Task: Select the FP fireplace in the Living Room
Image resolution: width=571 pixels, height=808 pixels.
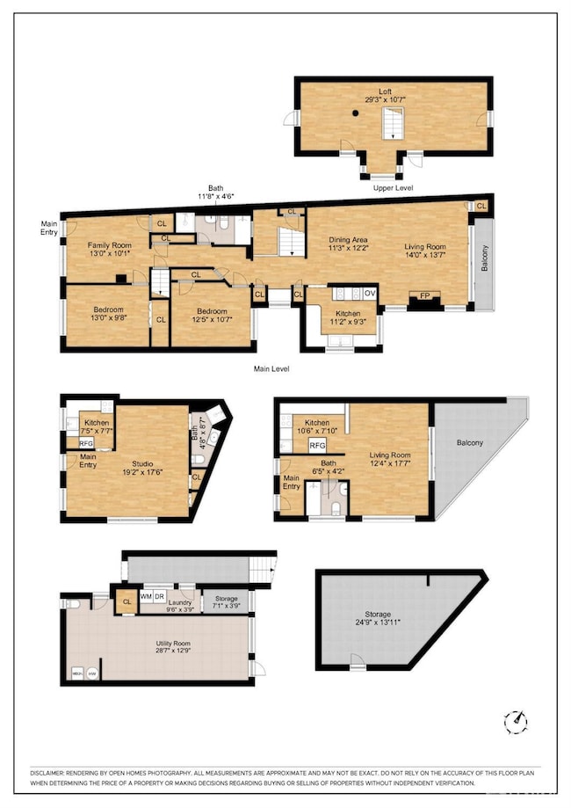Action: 426,296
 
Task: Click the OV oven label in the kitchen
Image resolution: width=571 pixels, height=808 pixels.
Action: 370,293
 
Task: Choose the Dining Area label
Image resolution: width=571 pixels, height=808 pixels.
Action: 349,244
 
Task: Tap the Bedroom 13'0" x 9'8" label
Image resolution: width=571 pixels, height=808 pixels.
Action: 109,314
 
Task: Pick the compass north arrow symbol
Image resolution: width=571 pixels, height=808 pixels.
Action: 517,722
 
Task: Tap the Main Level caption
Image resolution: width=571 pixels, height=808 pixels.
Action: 271,368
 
